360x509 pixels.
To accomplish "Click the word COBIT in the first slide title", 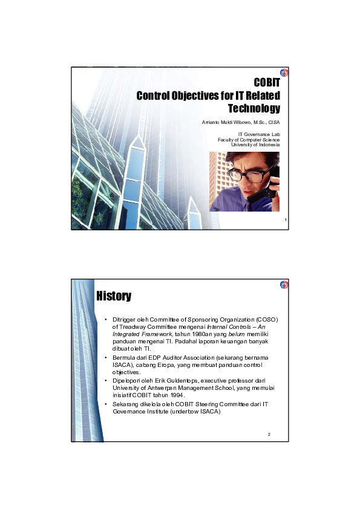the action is point(266,83).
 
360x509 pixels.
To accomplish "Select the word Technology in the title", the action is point(254,109).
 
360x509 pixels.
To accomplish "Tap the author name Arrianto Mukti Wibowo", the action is point(227,123).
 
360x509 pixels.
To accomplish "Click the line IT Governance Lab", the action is point(259,134).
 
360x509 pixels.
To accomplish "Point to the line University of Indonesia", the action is point(256,145).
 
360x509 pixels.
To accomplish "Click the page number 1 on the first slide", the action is point(284,221).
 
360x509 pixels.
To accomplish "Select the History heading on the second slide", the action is point(114,296).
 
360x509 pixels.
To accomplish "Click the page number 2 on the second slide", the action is point(269,435).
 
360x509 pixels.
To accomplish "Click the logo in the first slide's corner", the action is point(284,73).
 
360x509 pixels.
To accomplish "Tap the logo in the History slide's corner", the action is point(284,285).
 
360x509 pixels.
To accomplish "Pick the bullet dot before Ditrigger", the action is point(106,319).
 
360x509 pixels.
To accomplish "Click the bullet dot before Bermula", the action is point(106,358).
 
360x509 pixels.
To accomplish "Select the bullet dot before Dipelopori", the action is point(106,380).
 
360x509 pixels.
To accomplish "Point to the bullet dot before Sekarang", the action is point(106,403).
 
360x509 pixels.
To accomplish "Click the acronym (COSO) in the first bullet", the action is point(266,319).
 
